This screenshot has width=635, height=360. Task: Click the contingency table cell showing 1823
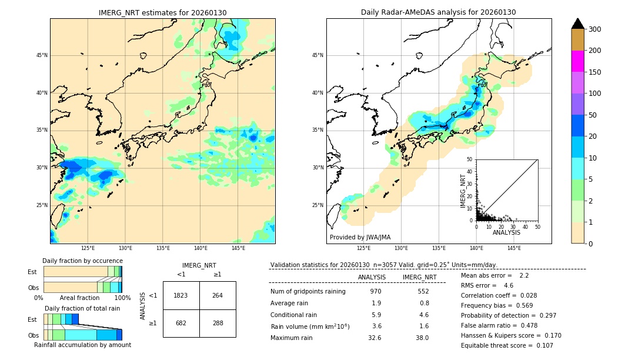click(181, 295)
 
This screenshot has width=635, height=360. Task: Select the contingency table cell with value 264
click(218, 295)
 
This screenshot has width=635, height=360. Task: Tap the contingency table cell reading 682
click(181, 323)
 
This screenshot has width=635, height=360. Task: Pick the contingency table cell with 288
click(218, 323)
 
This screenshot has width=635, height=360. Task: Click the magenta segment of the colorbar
click(578, 61)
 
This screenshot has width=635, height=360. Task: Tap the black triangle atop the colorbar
click(578, 24)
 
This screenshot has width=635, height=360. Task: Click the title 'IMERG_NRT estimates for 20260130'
click(162, 12)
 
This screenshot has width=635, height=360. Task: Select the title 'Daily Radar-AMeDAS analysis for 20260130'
click(439, 12)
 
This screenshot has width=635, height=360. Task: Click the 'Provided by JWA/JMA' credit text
click(360, 238)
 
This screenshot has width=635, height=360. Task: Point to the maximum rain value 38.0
click(422, 338)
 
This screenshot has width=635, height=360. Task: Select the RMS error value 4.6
click(508, 285)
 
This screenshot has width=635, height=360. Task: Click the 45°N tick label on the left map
click(41, 55)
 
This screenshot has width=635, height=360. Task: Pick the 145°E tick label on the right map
click(514, 248)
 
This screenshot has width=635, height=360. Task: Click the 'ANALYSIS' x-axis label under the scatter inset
click(506, 232)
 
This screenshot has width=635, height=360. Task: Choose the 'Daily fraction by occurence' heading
click(82, 261)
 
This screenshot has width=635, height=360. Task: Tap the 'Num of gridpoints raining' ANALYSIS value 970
click(376, 291)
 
